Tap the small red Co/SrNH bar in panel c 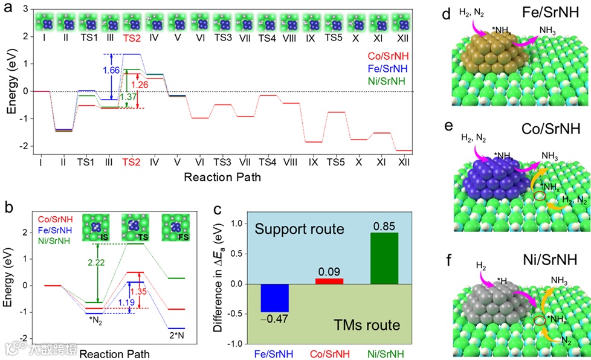[326, 281]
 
